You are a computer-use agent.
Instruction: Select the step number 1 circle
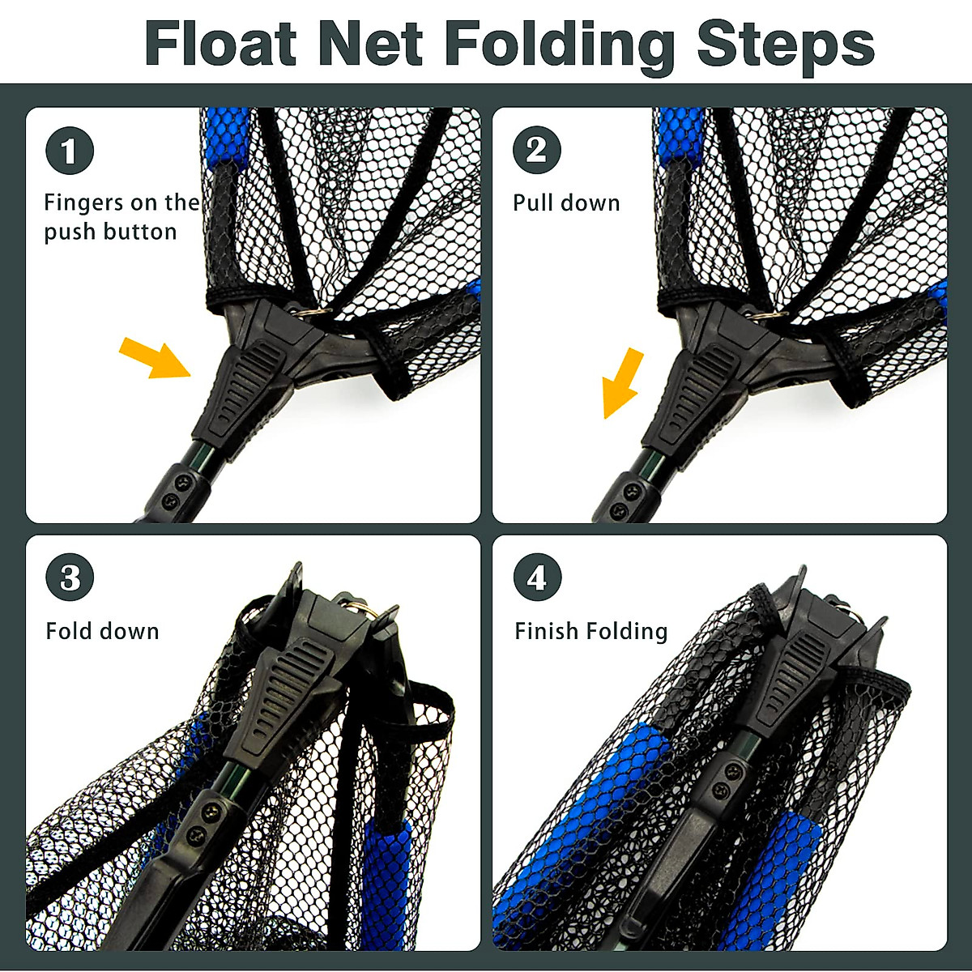point(70,151)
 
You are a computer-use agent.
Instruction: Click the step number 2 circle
point(536,151)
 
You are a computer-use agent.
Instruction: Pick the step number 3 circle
point(70,578)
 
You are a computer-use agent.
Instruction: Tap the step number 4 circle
point(536,578)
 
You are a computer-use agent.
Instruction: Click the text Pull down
point(566,202)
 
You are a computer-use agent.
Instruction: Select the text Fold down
point(102,631)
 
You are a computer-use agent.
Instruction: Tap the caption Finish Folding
point(590,631)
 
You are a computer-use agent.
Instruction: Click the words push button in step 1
point(110,232)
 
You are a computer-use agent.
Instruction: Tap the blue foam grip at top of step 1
point(225,138)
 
